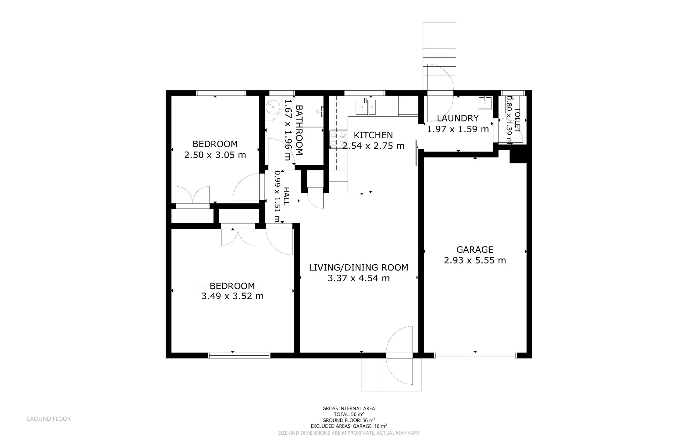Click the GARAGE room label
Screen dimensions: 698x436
click(475, 250)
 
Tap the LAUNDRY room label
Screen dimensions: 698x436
click(458, 118)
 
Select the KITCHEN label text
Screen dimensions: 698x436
click(373, 135)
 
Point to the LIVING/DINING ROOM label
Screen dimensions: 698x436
click(358, 268)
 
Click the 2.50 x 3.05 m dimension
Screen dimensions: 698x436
click(215, 155)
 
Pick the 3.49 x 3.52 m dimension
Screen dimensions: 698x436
click(232, 296)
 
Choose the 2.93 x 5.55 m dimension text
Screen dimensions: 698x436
click(475, 260)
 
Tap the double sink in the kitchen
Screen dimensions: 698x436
click(365, 107)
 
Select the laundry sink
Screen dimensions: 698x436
click(485, 103)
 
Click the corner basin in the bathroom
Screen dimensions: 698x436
click(272, 107)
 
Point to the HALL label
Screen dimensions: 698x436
click(286, 196)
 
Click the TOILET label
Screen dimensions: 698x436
click(518, 120)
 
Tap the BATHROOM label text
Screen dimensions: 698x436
click(299, 130)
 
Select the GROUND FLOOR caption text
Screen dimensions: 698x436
click(49, 419)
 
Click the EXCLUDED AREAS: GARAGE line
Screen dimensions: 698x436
click(349, 426)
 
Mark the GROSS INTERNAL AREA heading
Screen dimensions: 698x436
click(349, 408)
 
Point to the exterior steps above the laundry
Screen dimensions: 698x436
click(439, 56)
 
